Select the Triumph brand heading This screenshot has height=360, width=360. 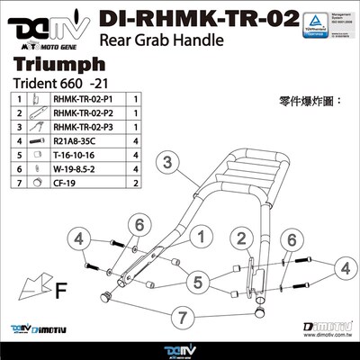(x=50, y=66)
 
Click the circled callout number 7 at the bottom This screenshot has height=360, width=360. (x=184, y=318)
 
